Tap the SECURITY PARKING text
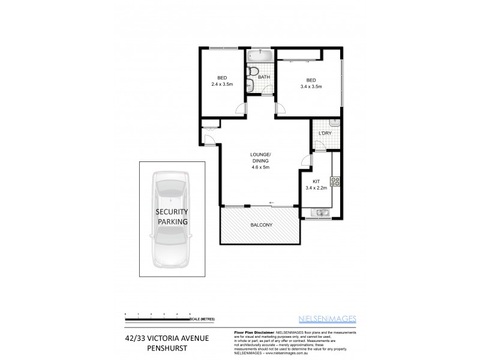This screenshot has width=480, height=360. (172, 217)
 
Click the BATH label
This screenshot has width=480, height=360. (264, 77)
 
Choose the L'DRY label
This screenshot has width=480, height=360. (325, 133)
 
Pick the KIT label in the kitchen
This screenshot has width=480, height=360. (316, 181)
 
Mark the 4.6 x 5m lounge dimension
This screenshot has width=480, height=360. (260, 167)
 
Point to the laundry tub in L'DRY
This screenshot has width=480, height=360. (335, 123)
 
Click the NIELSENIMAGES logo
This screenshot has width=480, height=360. (331, 319)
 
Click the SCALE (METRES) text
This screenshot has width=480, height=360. (203, 319)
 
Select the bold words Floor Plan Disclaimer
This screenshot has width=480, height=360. (252, 331)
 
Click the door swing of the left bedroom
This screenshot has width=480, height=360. (241, 109)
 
